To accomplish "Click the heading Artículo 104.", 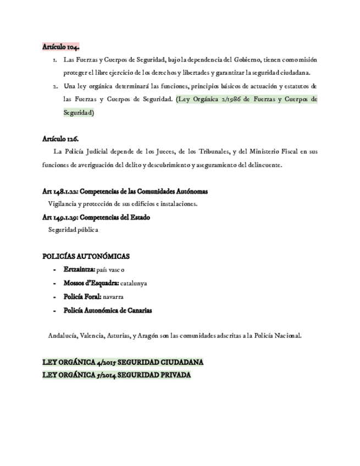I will pos(60,47).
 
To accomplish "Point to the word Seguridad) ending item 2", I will pos(79,112).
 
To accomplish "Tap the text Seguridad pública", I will pos(73,230).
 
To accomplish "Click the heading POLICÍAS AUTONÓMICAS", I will pos(86,256).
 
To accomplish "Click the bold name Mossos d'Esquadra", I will pos(91,283).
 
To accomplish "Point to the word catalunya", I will pos(134,284).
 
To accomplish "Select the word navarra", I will pos(113,297).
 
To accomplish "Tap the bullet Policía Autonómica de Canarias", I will pos(108,310).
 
